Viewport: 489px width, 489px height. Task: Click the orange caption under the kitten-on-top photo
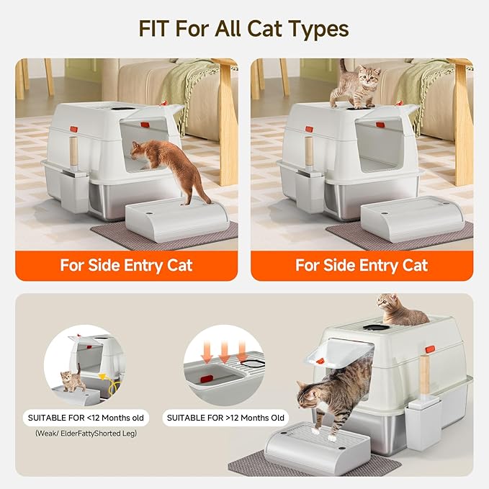[362, 265]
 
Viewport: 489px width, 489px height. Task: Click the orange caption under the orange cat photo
[126, 265]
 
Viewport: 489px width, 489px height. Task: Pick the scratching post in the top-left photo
[73, 154]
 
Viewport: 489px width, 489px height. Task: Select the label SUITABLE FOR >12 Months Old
[225, 418]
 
